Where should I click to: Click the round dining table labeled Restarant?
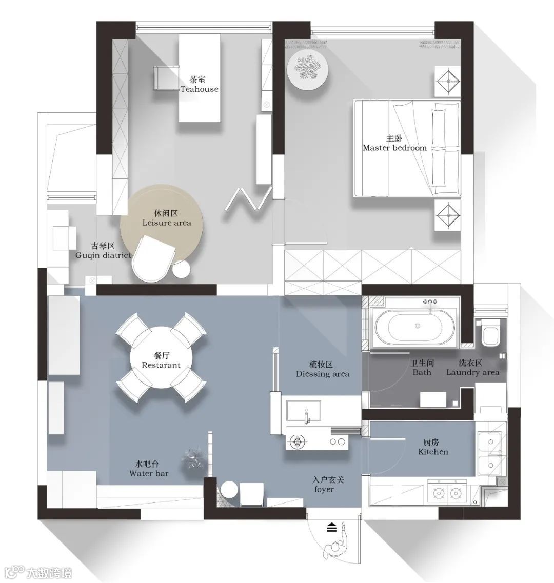pyautogui.click(x=161, y=357)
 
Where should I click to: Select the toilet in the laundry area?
pyautogui.click(x=490, y=333)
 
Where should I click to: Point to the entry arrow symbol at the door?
pyautogui.click(x=331, y=527)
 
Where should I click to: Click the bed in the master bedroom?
pyautogui.click(x=407, y=148)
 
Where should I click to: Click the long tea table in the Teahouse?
pyautogui.click(x=200, y=78)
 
